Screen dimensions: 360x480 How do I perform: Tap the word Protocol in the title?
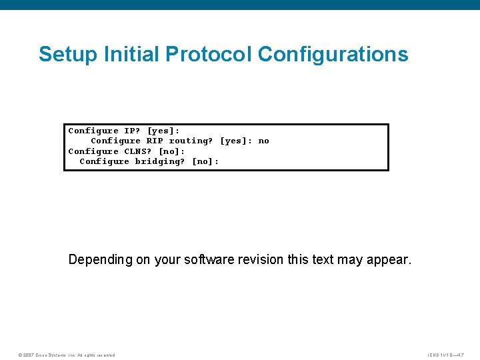click(x=218, y=54)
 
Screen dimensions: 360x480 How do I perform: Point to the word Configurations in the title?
click(x=333, y=54)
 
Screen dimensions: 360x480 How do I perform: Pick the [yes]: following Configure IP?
click(x=163, y=131)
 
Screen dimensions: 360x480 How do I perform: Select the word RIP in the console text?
click(x=155, y=141)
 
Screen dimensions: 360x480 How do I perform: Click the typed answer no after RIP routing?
click(x=263, y=141)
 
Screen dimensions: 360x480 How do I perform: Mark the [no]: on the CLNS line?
click(x=171, y=151)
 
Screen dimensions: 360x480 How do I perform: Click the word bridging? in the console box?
click(x=160, y=161)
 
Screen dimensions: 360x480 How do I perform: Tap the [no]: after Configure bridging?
click(x=205, y=161)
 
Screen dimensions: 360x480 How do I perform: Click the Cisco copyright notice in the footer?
click(x=66, y=355)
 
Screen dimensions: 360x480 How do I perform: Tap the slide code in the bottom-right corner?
click(x=446, y=355)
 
